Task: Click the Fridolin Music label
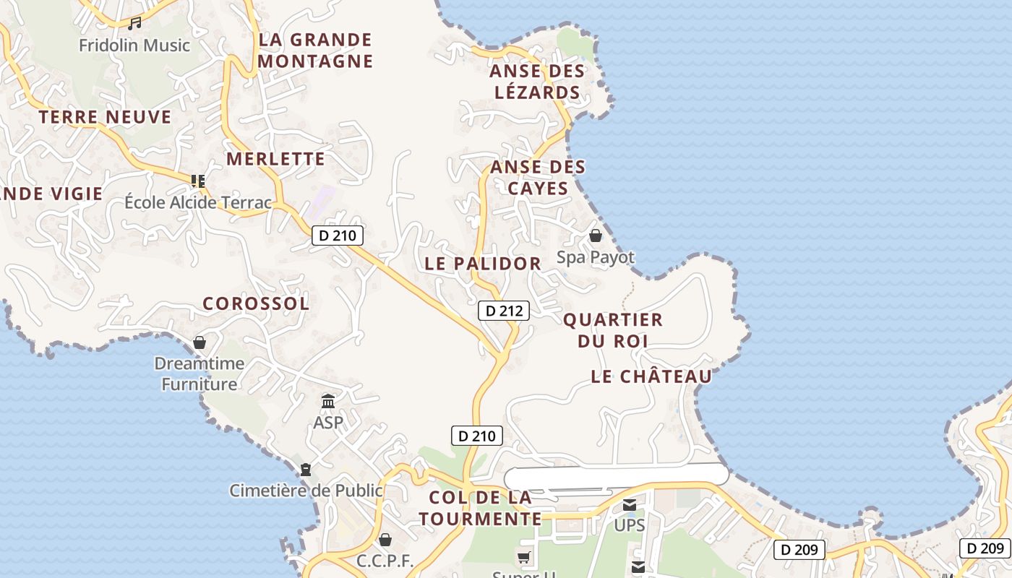point(134,46)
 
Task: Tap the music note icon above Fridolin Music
point(134,24)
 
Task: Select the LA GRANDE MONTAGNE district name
point(315,51)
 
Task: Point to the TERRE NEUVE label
point(105,117)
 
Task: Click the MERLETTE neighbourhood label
point(275,159)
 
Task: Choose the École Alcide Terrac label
point(198,202)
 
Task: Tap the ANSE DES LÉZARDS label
point(536,82)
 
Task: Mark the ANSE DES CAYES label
point(538,178)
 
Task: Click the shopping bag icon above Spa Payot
point(595,236)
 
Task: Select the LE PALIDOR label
point(483,264)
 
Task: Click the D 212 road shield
point(504,311)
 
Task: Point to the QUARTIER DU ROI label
point(612,330)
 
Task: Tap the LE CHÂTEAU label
point(651,376)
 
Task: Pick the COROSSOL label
point(256,303)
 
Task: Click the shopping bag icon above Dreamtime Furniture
point(200,342)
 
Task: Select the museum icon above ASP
point(328,401)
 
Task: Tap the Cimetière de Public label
point(306,491)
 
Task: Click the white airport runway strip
point(616,475)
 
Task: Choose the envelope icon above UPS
point(630,505)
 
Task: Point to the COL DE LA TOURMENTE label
point(480,508)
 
